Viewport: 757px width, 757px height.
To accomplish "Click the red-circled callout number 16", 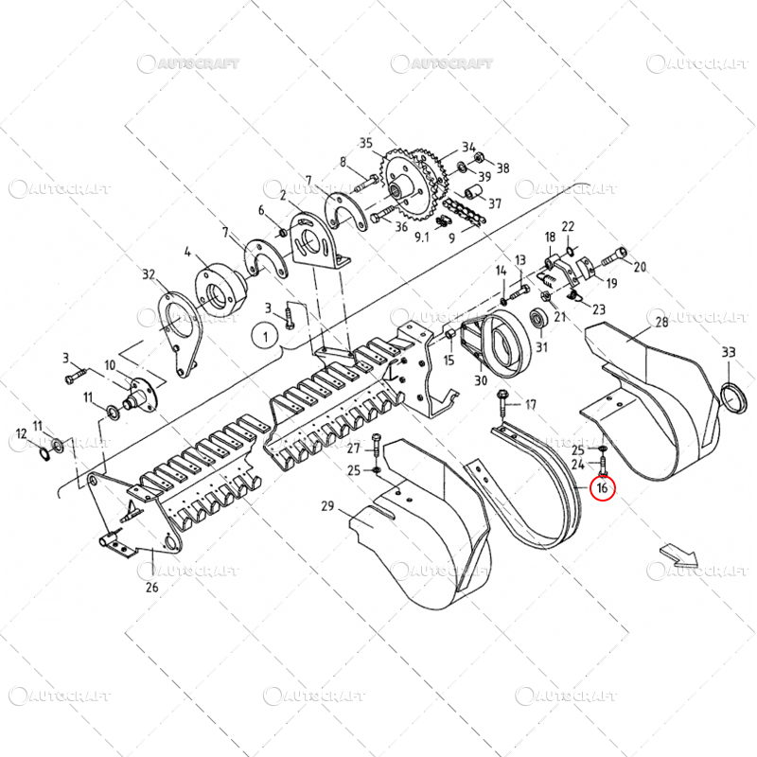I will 602,488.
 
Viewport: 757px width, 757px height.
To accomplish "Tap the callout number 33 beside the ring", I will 728,352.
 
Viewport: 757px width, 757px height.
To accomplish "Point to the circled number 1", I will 266,334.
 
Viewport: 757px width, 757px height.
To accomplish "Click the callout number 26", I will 151,588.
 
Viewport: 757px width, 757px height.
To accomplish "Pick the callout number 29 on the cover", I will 327,508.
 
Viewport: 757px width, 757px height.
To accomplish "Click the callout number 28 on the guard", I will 661,324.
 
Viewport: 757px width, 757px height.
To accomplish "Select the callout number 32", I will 149,274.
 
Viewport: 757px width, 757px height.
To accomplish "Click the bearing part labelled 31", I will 541,318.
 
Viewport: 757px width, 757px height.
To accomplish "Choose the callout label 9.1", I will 421,238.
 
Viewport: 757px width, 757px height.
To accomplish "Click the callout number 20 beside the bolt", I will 640,267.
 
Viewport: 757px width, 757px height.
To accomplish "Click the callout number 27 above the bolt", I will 353,448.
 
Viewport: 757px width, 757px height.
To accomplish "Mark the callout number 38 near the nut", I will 502,168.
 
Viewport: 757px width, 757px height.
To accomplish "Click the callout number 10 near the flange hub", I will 111,365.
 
